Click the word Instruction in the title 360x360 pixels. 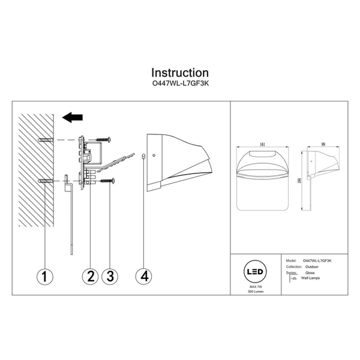tap(180, 74)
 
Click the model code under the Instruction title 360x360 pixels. tap(180, 85)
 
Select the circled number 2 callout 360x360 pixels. tap(91, 277)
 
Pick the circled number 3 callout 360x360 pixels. tap(109, 277)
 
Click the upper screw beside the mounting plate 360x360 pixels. tap(101, 140)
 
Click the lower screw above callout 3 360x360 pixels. tap(107, 180)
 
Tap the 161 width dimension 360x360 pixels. tap(262, 145)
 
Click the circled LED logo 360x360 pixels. tap(254, 271)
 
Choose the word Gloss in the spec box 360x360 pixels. tap(310, 272)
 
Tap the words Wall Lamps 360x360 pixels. tap(313, 279)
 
